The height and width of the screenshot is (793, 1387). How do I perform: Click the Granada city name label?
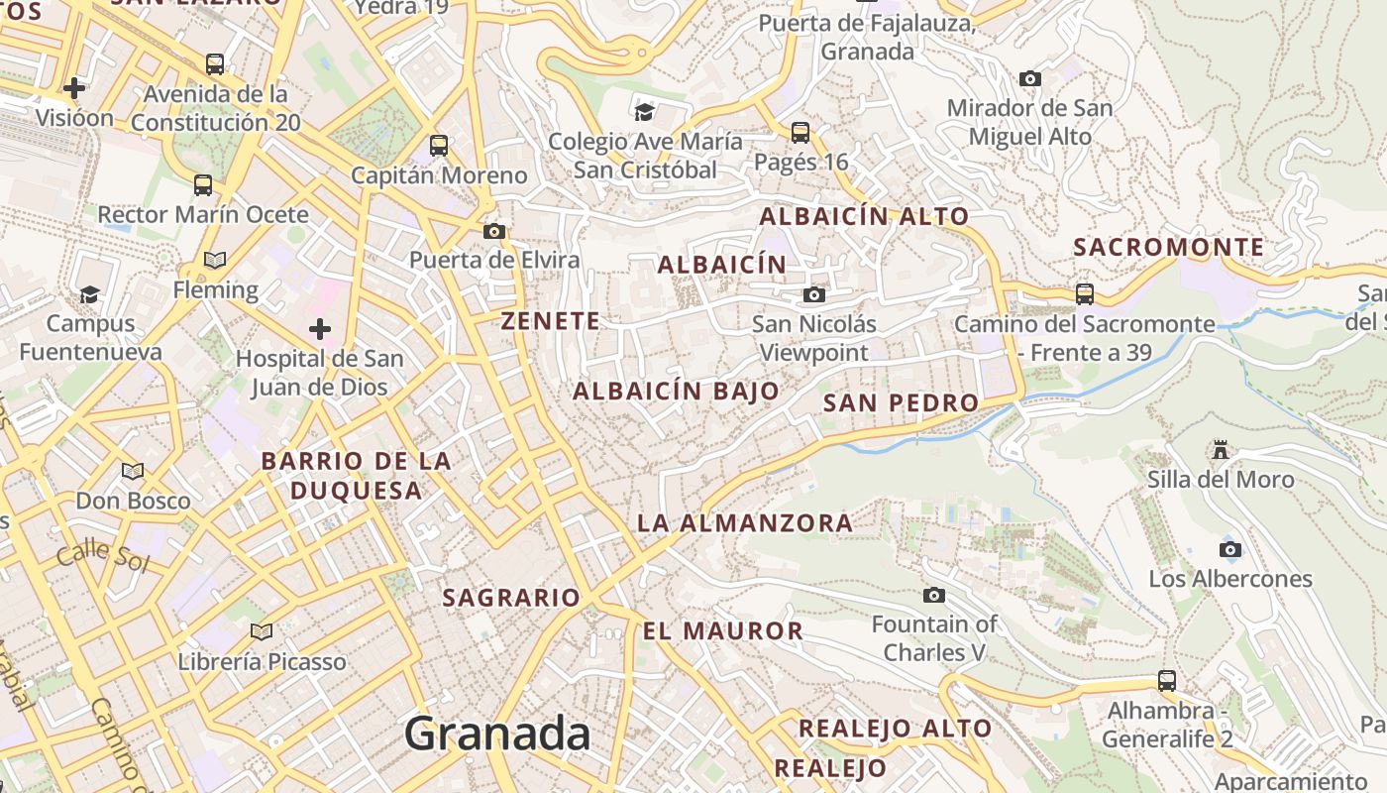[497, 735]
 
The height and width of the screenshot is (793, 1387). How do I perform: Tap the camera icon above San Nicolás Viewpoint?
[813, 294]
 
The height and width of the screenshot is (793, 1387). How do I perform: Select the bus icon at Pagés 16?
[800, 132]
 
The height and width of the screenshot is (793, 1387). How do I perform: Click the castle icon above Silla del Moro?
[1221, 450]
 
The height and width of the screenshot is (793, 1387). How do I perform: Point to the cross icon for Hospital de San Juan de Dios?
[319, 328]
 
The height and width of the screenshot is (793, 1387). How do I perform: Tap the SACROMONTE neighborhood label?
[1169, 247]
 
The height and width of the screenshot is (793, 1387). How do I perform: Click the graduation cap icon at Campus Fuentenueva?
[90, 294]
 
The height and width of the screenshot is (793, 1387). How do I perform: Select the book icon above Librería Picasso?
[262, 631]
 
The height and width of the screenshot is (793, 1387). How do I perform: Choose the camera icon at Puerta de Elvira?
[493, 231]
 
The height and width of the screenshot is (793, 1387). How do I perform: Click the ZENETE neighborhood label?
[551, 321]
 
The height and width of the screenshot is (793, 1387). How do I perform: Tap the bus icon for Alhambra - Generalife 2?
[1167, 681]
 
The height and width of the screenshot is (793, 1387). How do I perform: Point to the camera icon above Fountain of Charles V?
[933, 595]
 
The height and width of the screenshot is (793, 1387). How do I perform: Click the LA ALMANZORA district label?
[744, 522]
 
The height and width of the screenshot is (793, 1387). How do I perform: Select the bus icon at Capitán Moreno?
[439, 146]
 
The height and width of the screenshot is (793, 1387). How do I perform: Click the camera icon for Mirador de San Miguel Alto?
[1030, 78]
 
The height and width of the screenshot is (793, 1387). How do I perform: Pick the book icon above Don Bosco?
[133, 471]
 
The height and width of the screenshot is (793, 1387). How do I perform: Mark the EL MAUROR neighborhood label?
[722, 630]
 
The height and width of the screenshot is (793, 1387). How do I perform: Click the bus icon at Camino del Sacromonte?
[1085, 293]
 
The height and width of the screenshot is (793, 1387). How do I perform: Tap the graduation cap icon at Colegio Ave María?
[645, 112]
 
